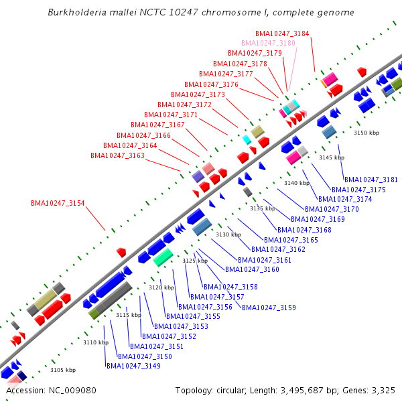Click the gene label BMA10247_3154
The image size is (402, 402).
(58, 203)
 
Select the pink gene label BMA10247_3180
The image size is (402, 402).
(269, 43)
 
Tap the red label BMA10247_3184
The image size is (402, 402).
(282, 33)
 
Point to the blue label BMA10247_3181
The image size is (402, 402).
(371, 180)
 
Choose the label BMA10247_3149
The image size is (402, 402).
(133, 366)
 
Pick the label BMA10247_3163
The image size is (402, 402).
(117, 155)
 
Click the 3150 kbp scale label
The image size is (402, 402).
(366, 133)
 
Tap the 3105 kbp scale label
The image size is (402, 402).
(63, 370)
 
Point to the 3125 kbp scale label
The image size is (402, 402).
(195, 261)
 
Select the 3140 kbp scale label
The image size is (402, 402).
(297, 183)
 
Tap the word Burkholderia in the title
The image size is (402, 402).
(78, 13)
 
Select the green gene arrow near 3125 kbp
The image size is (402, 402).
(163, 257)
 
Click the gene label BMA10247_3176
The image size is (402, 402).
(212, 84)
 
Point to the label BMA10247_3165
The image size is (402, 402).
(291, 240)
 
